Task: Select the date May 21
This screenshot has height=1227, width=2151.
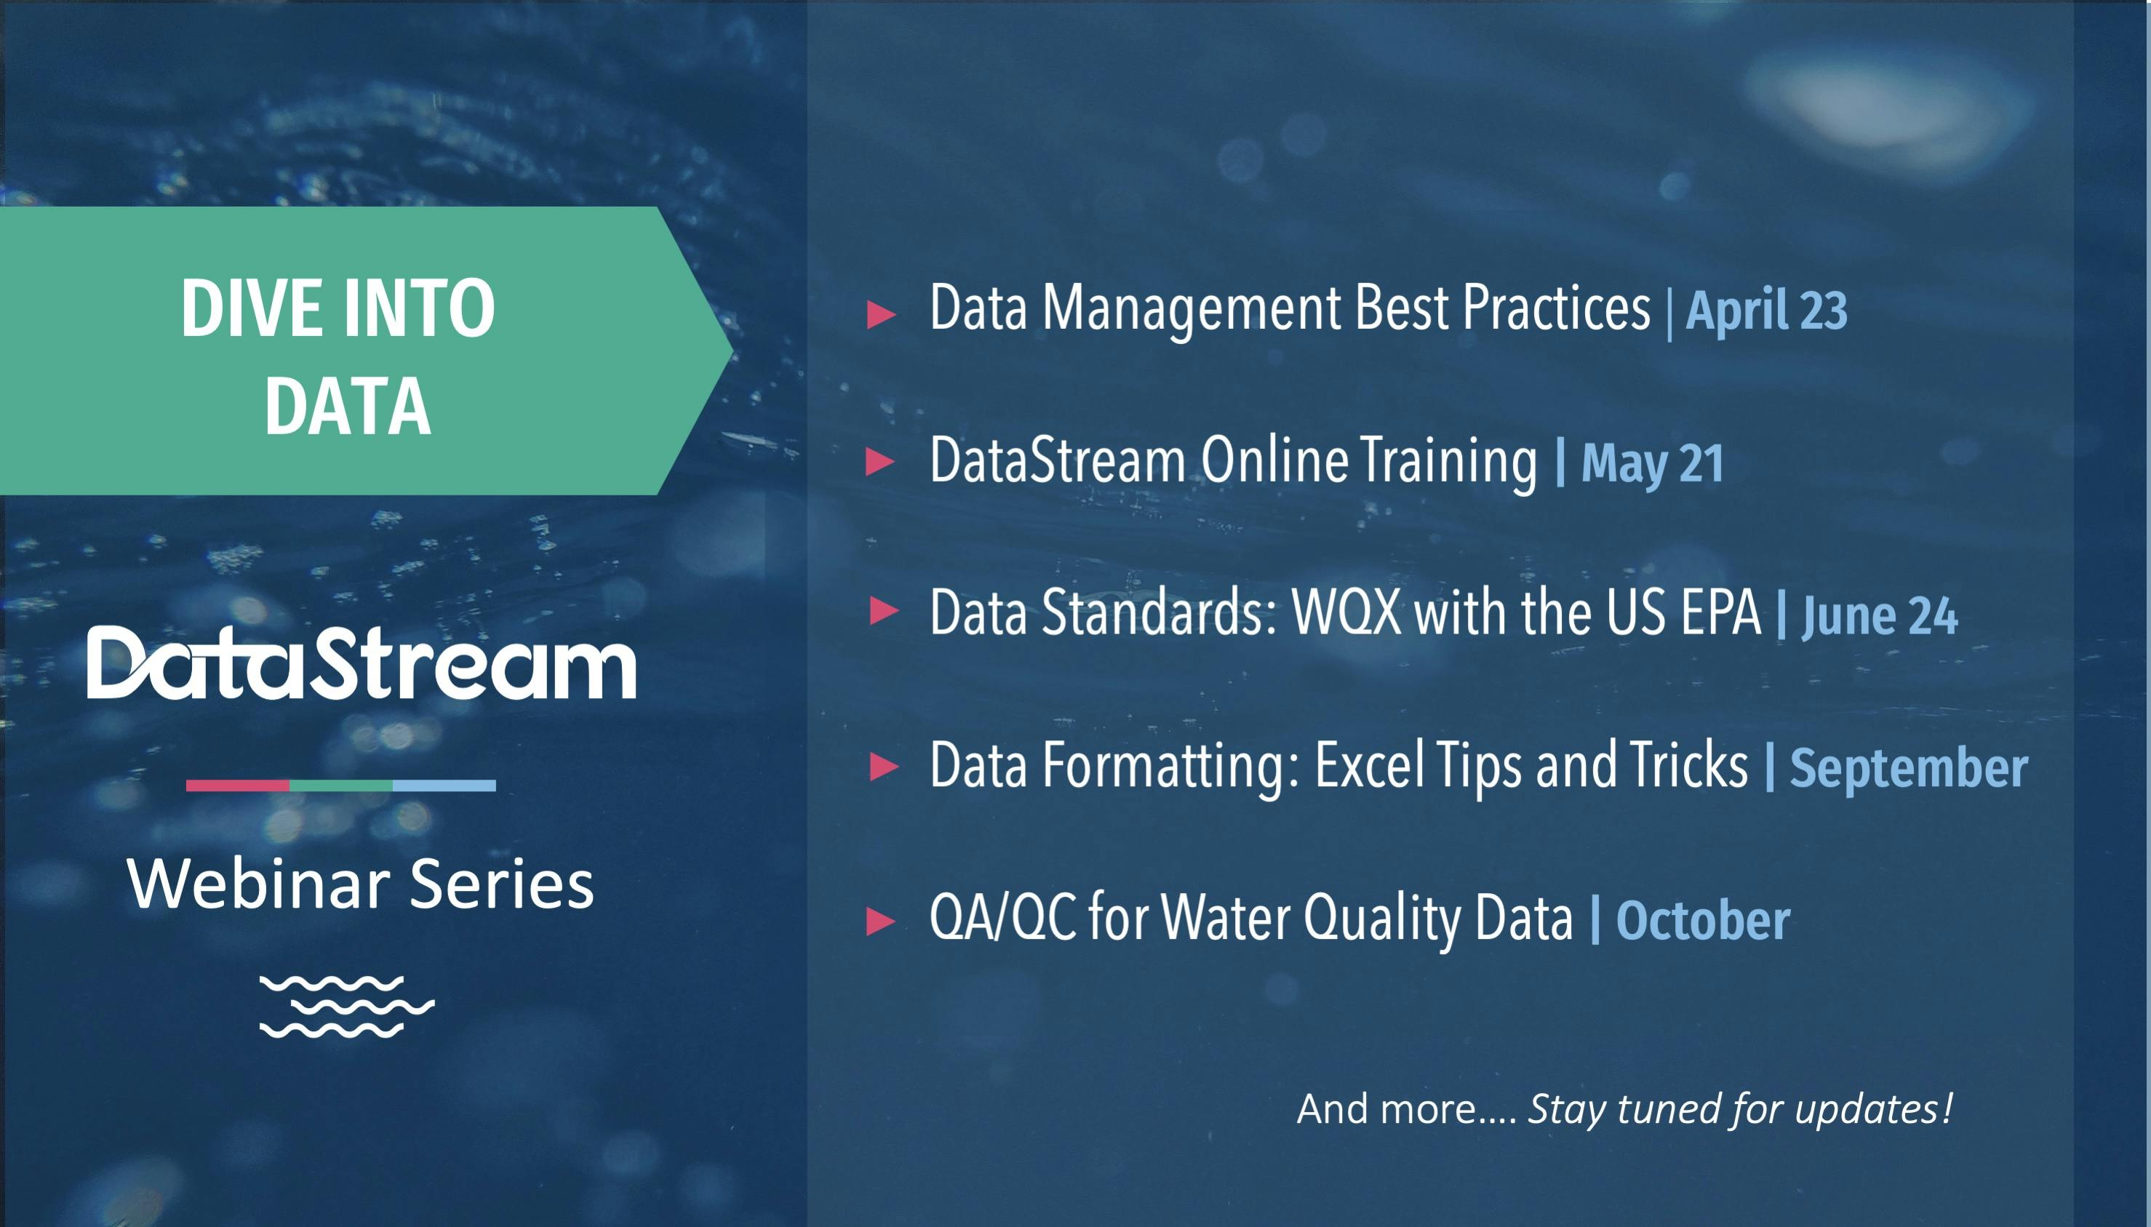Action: [1652, 463]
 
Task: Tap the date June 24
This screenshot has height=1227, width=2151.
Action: [1880, 616]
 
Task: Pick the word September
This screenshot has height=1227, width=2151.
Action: [1908, 770]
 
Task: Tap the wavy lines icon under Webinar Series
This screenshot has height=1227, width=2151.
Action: [346, 1006]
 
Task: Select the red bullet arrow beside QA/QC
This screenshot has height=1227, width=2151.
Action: [881, 920]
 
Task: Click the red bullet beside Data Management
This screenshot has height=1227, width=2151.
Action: [881, 313]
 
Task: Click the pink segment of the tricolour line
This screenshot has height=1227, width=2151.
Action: [238, 786]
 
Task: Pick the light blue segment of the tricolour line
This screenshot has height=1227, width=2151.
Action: [444, 786]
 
